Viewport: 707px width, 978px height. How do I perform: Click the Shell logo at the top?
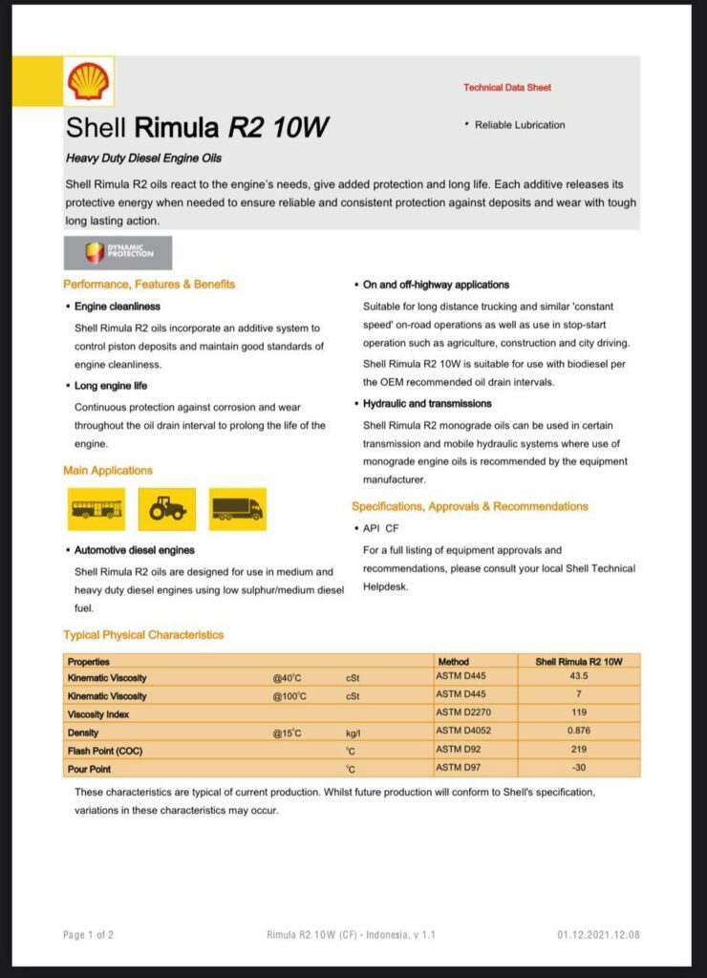pyautogui.click(x=89, y=80)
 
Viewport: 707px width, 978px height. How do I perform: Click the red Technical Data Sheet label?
pyautogui.click(x=507, y=88)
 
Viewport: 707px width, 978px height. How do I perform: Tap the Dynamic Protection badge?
pyautogui.click(x=118, y=252)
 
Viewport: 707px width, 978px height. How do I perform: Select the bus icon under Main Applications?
pyautogui.click(x=96, y=509)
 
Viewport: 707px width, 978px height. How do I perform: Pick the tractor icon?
pyautogui.click(x=167, y=509)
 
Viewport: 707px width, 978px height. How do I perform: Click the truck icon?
pyautogui.click(x=237, y=509)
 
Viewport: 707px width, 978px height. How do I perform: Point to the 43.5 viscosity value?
pyautogui.click(x=579, y=677)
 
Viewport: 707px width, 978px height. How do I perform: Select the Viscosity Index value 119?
pyautogui.click(x=579, y=713)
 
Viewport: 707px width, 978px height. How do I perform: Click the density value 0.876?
pyautogui.click(x=579, y=732)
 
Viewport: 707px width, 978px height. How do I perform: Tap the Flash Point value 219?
pyautogui.click(x=579, y=750)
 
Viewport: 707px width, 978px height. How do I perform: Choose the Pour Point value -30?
pyautogui.click(x=579, y=768)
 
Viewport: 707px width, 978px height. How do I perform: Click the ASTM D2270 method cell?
pyautogui.click(x=463, y=713)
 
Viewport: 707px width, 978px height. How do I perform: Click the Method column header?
pyautogui.click(x=454, y=661)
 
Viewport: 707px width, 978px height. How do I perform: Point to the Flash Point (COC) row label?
pyautogui.click(x=105, y=751)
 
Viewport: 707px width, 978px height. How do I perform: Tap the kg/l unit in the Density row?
pyautogui.click(x=353, y=733)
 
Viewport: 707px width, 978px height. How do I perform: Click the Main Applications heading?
pyautogui.click(x=108, y=471)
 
